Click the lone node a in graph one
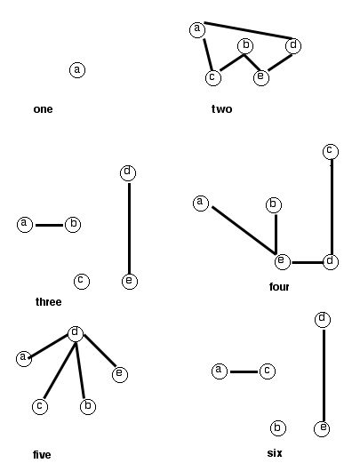click(x=77, y=69)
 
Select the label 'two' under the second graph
click(x=221, y=108)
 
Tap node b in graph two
click(x=245, y=45)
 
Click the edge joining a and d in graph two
click(x=248, y=30)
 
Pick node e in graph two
click(x=261, y=77)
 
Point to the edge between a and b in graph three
click(x=50, y=225)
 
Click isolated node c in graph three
click(x=82, y=281)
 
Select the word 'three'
click(x=48, y=301)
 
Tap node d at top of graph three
click(x=128, y=172)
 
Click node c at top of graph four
click(x=331, y=151)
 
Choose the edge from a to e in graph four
click(x=244, y=230)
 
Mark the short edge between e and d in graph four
click(x=308, y=262)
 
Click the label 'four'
click(x=279, y=287)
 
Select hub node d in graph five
click(x=76, y=333)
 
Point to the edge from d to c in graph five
click(x=60, y=371)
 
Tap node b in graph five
click(x=88, y=406)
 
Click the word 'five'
click(x=42, y=454)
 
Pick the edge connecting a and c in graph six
click(x=244, y=371)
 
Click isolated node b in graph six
click(x=277, y=427)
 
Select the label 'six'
click(x=275, y=453)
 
